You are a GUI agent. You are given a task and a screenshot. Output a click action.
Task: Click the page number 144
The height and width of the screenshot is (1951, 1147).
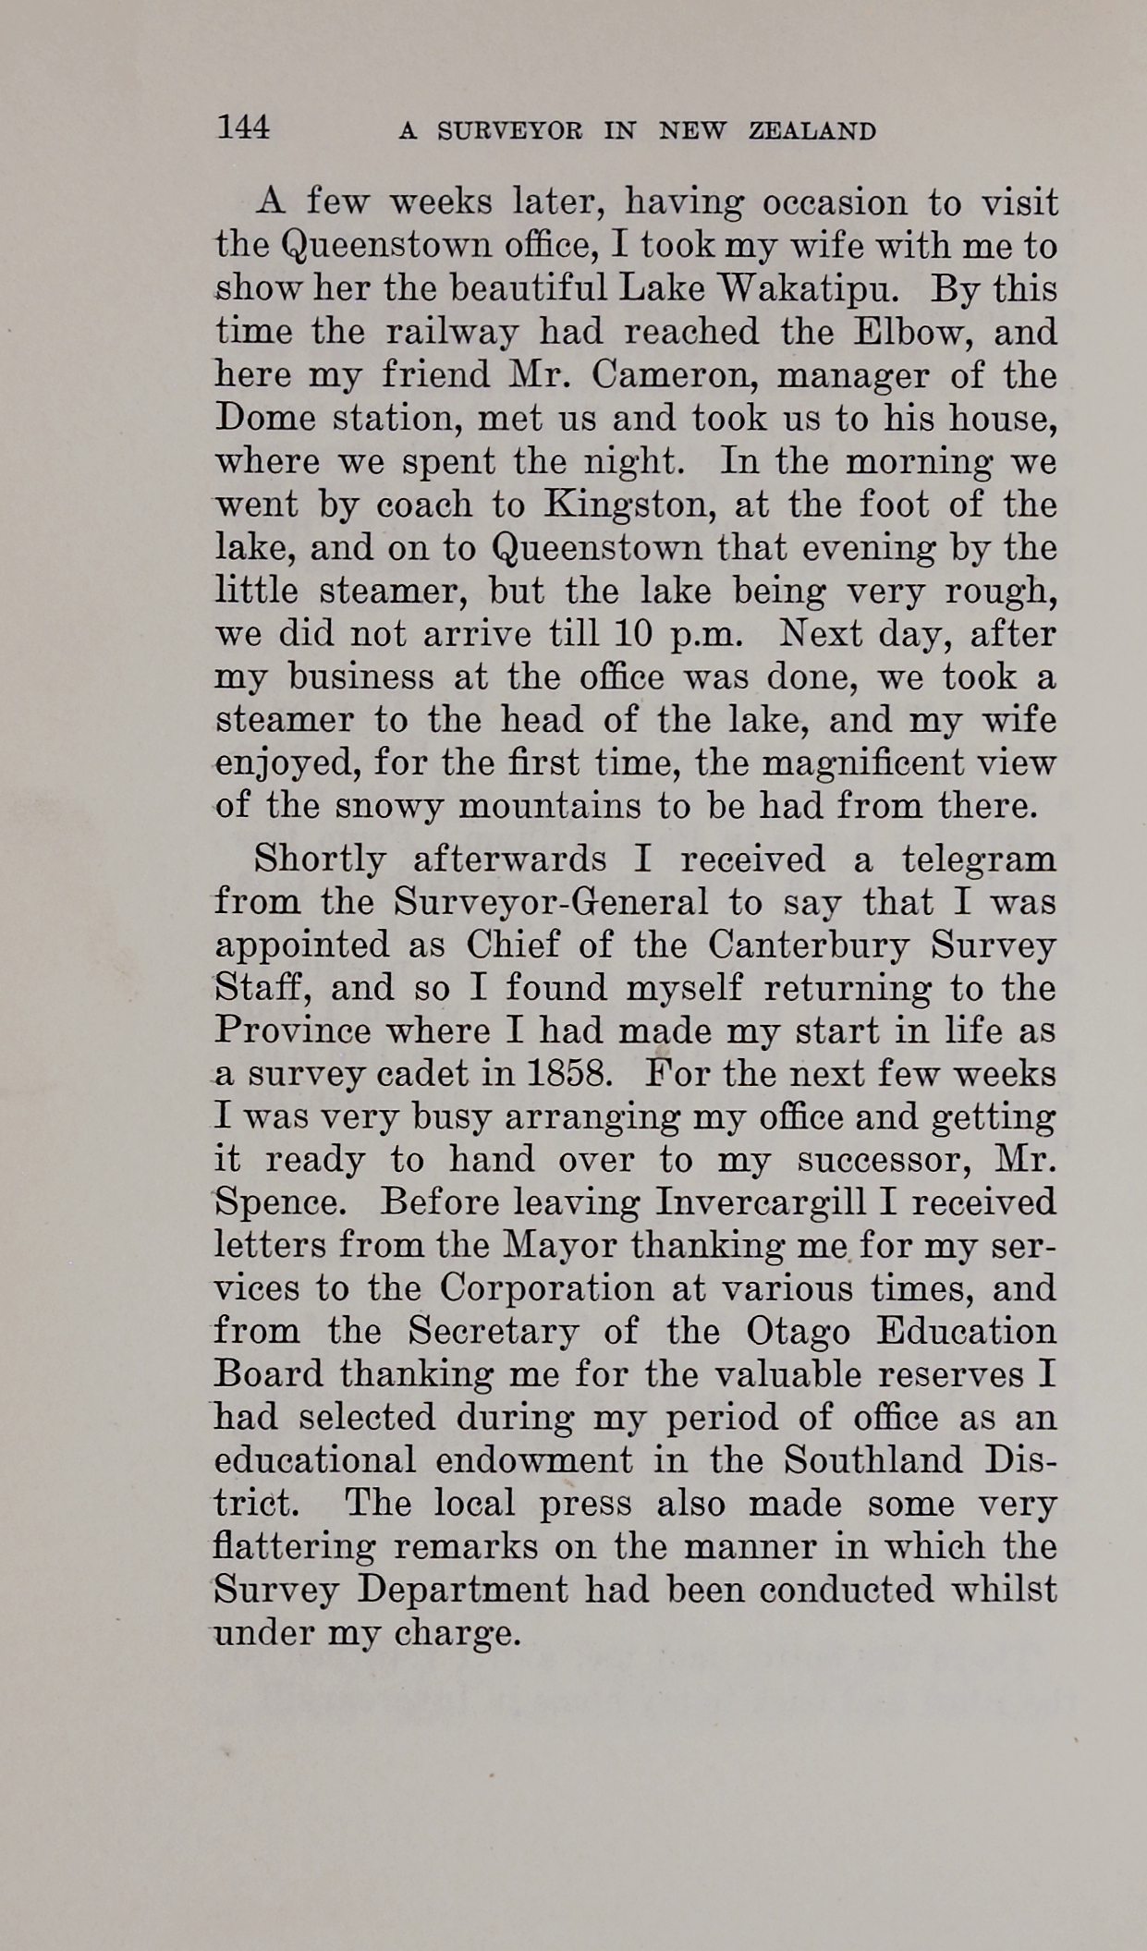pyautogui.click(x=243, y=127)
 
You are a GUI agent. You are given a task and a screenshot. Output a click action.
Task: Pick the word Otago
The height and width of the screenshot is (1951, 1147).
pyautogui.click(x=798, y=1332)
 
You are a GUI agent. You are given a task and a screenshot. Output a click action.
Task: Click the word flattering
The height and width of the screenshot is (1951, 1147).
pyautogui.click(x=295, y=1546)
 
